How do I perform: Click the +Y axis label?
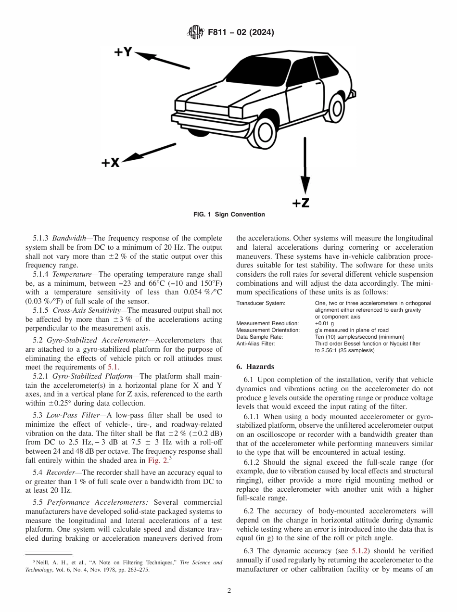(x=123, y=52)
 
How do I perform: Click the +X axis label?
(x=110, y=163)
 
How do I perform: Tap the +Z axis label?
(x=301, y=203)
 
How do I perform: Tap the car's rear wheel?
(x=337, y=108)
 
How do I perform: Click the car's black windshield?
(x=255, y=74)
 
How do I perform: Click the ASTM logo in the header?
(x=195, y=33)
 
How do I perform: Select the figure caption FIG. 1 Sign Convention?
(x=228, y=214)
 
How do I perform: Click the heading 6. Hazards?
(x=255, y=367)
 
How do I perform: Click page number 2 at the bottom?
(x=229, y=591)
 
